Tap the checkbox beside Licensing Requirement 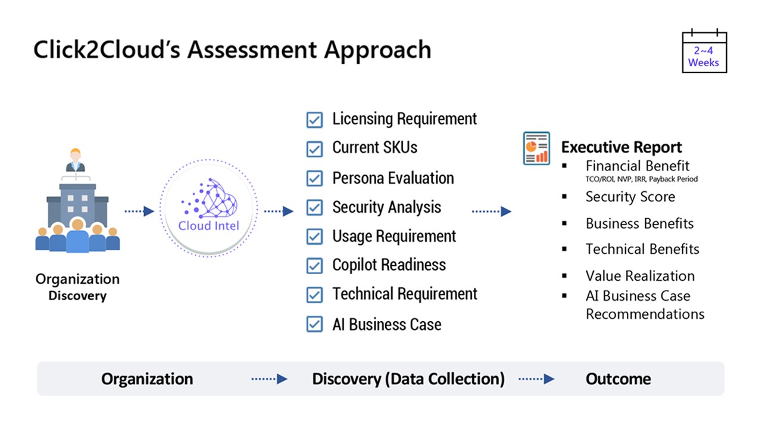coord(314,120)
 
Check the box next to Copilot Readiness coord(314,266)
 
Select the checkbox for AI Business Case coord(314,324)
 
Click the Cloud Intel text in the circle coord(208,226)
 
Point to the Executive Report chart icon coord(536,148)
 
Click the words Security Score coord(630,197)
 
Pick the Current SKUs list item coord(374,148)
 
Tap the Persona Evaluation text coord(393,178)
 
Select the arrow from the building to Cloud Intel coord(139,211)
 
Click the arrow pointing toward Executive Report coord(491,211)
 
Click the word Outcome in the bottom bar coord(618,379)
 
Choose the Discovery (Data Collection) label coord(408,379)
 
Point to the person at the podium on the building coord(76,161)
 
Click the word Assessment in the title coord(255,49)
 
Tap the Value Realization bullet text coord(640,276)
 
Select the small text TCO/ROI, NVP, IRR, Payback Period coord(642,179)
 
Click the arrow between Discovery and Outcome coord(536,379)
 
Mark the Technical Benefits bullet coord(642,249)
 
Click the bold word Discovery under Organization coord(77,296)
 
